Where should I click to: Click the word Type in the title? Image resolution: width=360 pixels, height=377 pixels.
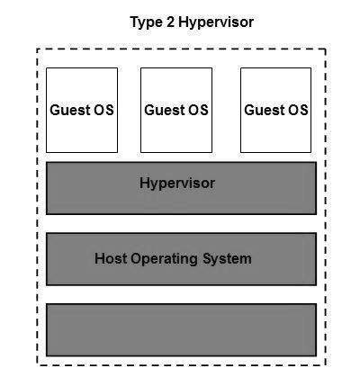[146, 22]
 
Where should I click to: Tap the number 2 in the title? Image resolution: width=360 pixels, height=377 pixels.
[170, 22]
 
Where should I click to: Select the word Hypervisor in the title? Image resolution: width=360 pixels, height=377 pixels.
[216, 22]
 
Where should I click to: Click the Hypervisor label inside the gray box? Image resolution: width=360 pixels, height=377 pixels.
[177, 184]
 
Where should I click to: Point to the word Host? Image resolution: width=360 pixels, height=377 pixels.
[111, 258]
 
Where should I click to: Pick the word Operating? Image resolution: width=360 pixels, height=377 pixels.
[164, 259]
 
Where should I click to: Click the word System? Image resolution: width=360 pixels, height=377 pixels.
[227, 259]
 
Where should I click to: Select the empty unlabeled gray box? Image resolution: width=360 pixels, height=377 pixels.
[181, 330]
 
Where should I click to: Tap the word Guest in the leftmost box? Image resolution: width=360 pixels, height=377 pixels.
[70, 110]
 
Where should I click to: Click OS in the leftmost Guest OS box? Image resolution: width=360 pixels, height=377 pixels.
[103, 110]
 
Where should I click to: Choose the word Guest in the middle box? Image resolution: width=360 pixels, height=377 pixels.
[165, 110]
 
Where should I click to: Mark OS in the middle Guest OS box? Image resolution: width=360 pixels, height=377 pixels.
[198, 110]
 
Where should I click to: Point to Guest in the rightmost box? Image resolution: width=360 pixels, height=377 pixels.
[265, 110]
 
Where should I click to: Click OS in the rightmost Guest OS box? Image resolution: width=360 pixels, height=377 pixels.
[298, 110]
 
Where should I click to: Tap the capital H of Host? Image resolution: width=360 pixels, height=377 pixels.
[100, 258]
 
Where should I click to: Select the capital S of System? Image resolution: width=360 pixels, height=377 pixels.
[208, 258]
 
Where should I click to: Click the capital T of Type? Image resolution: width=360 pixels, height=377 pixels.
[134, 22]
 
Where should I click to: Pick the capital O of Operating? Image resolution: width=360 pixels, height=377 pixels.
[137, 258]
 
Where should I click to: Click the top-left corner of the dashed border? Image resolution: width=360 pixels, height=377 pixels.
[37, 49]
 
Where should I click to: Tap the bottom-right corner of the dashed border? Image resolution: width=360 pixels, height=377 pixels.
[326, 365]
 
